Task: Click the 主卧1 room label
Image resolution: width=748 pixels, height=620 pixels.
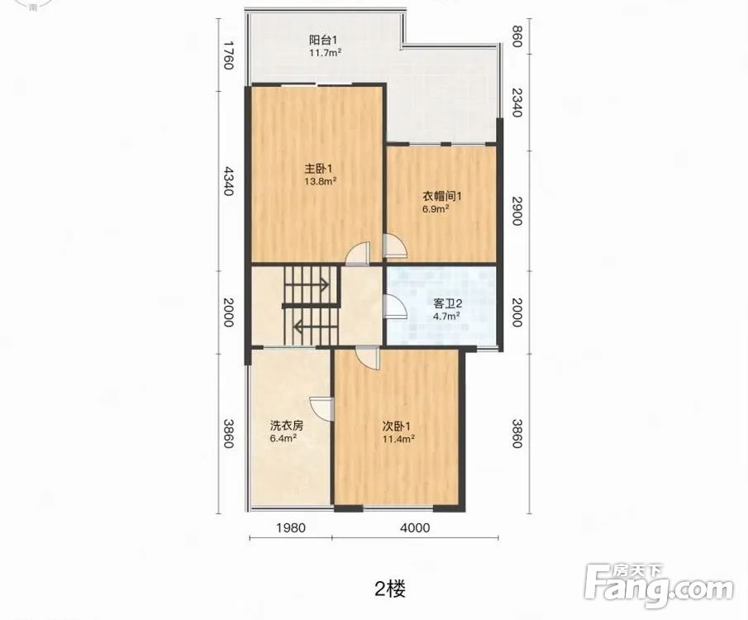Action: click(318, 169)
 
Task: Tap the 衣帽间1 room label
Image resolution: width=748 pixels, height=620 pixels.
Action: click(441, 196)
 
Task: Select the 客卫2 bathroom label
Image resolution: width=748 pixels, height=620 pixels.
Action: click(448, 303)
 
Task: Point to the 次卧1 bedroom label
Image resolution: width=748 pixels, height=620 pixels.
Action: click(396, 426)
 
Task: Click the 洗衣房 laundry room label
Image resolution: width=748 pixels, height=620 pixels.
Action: click(287, 426)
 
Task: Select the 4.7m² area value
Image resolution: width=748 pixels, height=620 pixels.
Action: click(446, 316)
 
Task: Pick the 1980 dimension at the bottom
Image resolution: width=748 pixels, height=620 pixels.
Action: click(291, 527)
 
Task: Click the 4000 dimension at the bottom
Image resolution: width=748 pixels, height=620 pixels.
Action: click(415, 527)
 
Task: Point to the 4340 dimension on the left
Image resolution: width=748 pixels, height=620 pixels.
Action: click(228, 181)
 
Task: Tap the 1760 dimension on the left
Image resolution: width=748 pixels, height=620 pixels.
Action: click(228, 55)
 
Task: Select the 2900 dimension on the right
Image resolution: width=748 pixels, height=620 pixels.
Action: click(517, 211)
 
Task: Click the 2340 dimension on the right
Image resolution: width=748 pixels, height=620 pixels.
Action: click(517, 103)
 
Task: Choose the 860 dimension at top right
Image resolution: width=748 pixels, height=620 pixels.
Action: click(516, 36)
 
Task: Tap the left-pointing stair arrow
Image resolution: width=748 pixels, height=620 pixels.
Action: click(317, 327)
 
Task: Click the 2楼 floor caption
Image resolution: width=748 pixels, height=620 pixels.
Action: click(390, 590)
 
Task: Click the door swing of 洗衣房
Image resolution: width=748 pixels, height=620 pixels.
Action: click(321, 409)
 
